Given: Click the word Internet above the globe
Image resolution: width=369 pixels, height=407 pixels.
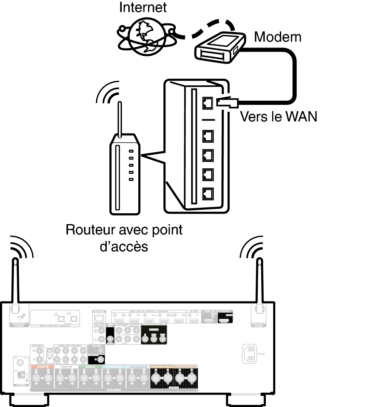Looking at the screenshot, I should click(x=143, y=7).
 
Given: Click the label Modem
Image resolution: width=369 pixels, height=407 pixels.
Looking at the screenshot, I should click(x=278, y=37).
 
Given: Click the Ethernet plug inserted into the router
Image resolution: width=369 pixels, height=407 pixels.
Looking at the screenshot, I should click(x=228, y=103).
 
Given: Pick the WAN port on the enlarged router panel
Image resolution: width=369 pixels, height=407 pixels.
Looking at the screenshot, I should click(x=208, y=103).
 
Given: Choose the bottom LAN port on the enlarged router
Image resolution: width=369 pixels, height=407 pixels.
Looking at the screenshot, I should click(x=208, y=194).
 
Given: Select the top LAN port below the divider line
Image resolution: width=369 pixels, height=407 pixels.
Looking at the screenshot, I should click(x=208, y=136).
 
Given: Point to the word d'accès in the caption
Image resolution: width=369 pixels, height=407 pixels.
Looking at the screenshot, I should click(x=124, y=246).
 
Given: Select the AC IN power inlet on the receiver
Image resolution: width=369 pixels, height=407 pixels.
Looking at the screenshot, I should click(x=249, y=354).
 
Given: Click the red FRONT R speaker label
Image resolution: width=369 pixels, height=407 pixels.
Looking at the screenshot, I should click(x=42, y=367).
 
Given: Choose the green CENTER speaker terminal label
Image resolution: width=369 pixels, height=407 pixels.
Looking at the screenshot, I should click(x=90, y=367).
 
